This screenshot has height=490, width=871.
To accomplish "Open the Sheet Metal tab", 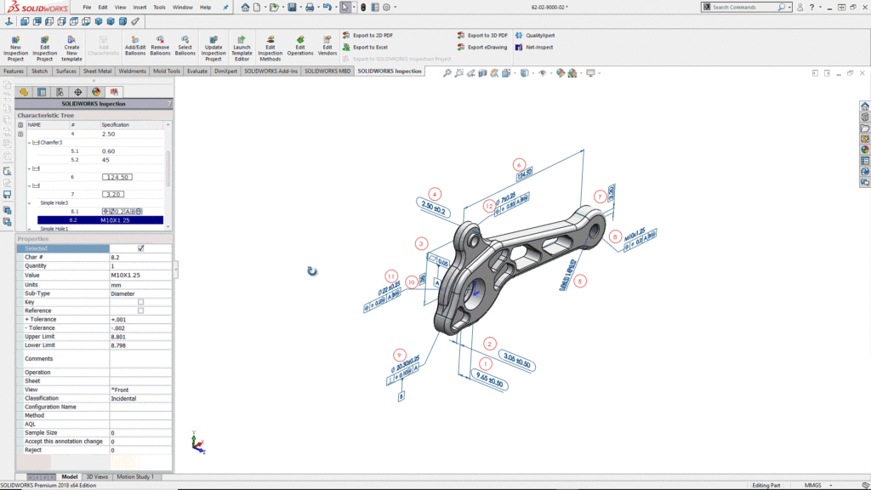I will [97, 71].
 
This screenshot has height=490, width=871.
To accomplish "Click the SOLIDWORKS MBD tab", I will [327, 71].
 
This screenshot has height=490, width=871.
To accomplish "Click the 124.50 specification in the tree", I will [117, 177].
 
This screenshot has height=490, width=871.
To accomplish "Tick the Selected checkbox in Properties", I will [141, 248].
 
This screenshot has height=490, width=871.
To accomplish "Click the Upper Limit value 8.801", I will [118, 337].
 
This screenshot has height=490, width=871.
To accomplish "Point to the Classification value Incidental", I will [124, 398].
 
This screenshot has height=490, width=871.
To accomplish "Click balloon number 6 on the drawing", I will [520, 165].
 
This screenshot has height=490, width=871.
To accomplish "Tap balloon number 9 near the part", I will [399, 355].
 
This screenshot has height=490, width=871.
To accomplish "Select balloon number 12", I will [489, 206].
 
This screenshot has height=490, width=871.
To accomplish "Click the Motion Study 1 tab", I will [136, 477].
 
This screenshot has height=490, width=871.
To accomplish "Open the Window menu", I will [182, 7].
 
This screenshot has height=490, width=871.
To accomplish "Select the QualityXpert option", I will [539, 36].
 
